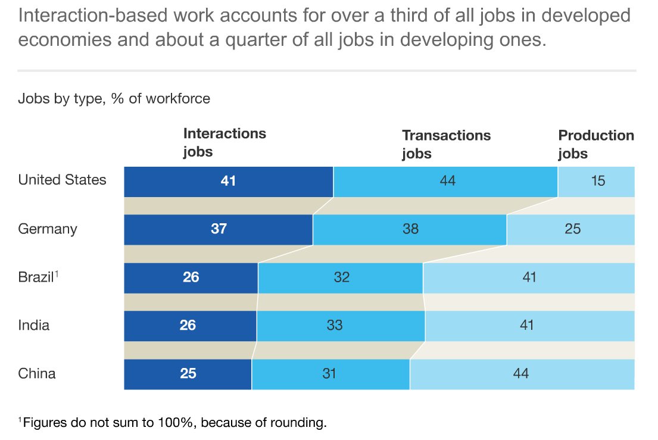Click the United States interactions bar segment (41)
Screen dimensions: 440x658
pyautogui.click(x=228, y=182)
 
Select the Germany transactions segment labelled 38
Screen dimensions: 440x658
pyautogui.click(x=410, y=229)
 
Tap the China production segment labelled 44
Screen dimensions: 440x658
pyautogui.click(x=522, y=374)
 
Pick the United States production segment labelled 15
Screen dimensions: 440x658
pyautogui.click(x=597, y=182)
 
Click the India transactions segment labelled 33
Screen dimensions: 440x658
pyautogui.click(x=341, y=326)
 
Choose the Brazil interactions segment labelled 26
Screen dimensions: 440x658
pyautogui.click(x=191, y=277)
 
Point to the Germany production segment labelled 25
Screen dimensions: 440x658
pyautogui.click(x=570, y=229)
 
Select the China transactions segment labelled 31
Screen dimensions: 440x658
pyautogui.click(x=330, y=374)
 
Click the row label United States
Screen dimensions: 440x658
pyautogui.click(x=62, y=180)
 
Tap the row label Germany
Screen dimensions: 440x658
pyautogui.click(x=48, y=229)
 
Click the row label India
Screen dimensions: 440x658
pyautogui.click(x=34, y=326)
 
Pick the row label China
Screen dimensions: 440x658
pyautogui.click(x=37, y=374)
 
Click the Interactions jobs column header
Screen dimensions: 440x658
pyautogui.click(x=224, y=142)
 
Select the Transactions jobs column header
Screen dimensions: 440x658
pyautogui.click(x=446, y=144)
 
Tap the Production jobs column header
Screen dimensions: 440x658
pyautogui.click(x=595, y=144)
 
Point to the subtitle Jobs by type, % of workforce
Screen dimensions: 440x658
pyautogui.click(x=114, y=98)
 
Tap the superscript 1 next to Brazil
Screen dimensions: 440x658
pyautogui.click(x=57, y=274)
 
